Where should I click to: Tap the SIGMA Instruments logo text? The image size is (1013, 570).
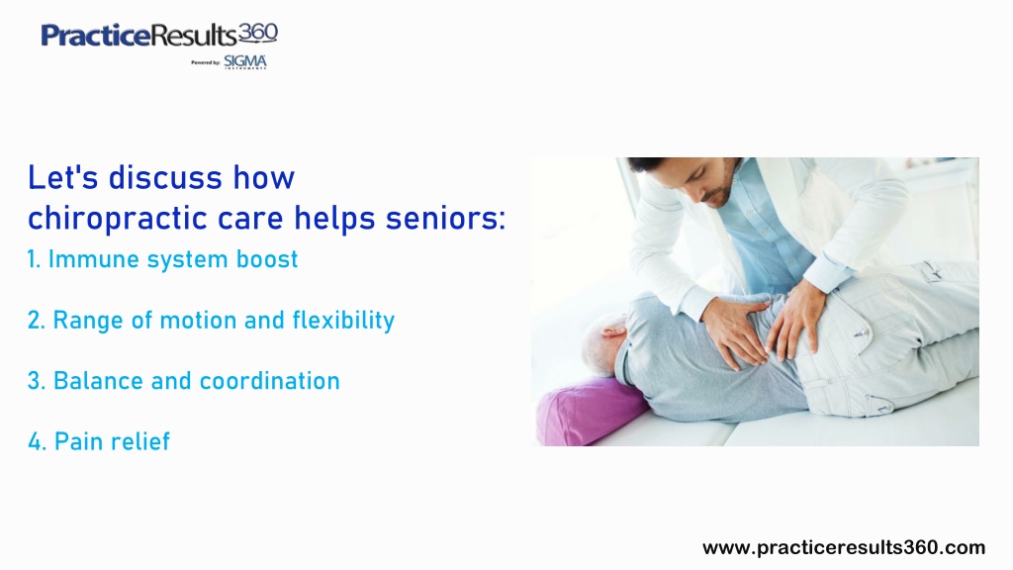click(x=245, y=62)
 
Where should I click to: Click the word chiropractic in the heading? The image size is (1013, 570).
click(x=119, y=219)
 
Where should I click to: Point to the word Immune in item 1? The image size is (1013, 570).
click(x=94, y=259)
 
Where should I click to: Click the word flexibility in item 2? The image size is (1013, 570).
click(x=343, y=321)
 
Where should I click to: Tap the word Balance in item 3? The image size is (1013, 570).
click(x=98, y=381)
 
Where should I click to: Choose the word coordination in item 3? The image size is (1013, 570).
click(x=269, y=381)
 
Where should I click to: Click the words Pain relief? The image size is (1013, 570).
click(x=112, y=441)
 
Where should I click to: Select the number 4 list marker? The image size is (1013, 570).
click(x=37, y=442)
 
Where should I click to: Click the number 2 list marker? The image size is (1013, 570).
click(x=37, y=321)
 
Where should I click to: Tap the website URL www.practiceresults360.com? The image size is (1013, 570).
click(x=844, y=548)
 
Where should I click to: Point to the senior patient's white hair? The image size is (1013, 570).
click(x=600, y=342)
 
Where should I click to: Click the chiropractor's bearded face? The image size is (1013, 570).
click(x=710, y=182)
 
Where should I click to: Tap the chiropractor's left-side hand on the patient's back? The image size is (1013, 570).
click(x=735, y=330)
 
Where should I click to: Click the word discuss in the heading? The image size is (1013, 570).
click(x=165, y=178)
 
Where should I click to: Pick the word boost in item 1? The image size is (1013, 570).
click(x=267, y=259)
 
